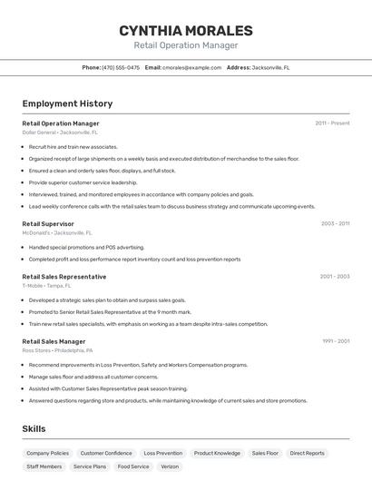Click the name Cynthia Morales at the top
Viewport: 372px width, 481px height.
coord(185,31)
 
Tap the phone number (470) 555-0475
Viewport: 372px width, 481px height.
coord(121,67)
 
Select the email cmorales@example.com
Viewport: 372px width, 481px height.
coord(191,67)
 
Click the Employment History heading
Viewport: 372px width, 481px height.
coord(67,103)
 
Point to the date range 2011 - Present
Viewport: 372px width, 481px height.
coord(332,123)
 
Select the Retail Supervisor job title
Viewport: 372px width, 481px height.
coord(48,223)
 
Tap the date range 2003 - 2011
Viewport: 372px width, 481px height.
coord(335,223)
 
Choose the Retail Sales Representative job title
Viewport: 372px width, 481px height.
coord(64,276)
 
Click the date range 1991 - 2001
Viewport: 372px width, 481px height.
coord(335,341)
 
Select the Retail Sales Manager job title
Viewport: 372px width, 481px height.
coord(54,341)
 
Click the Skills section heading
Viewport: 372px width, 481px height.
coord(34,428)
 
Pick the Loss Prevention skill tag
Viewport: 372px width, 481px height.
coord(163,453)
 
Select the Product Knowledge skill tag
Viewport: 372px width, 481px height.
coord(217,453)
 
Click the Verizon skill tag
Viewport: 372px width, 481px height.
coord(170,466)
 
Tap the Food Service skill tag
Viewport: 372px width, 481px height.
coord(133,466)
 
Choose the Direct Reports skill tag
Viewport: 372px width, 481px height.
coord(307,453)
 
